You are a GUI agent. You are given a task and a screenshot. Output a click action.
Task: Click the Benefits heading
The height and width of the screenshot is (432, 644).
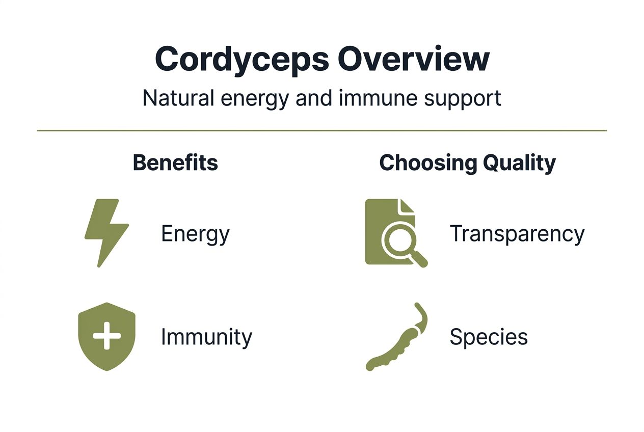[175, 163]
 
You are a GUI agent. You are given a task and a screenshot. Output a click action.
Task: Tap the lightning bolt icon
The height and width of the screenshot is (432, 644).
[106, 232]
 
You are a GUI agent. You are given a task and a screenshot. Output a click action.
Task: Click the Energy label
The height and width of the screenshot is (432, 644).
[195, 234]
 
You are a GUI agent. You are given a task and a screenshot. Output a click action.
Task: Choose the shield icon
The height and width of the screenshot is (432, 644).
[106, 336]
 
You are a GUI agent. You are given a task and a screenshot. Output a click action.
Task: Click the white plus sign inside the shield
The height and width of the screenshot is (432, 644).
[106, 336]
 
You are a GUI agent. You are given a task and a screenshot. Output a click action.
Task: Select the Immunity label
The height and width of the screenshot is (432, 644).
[206, 337]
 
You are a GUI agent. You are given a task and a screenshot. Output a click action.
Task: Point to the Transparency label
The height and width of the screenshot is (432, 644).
[517, 234]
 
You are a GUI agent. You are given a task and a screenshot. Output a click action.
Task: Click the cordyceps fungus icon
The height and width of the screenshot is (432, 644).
[397, 339]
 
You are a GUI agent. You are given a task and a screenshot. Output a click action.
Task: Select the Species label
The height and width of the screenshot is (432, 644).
[488, 337]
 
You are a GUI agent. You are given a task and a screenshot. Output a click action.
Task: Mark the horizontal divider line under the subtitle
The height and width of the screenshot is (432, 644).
[322, 131]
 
